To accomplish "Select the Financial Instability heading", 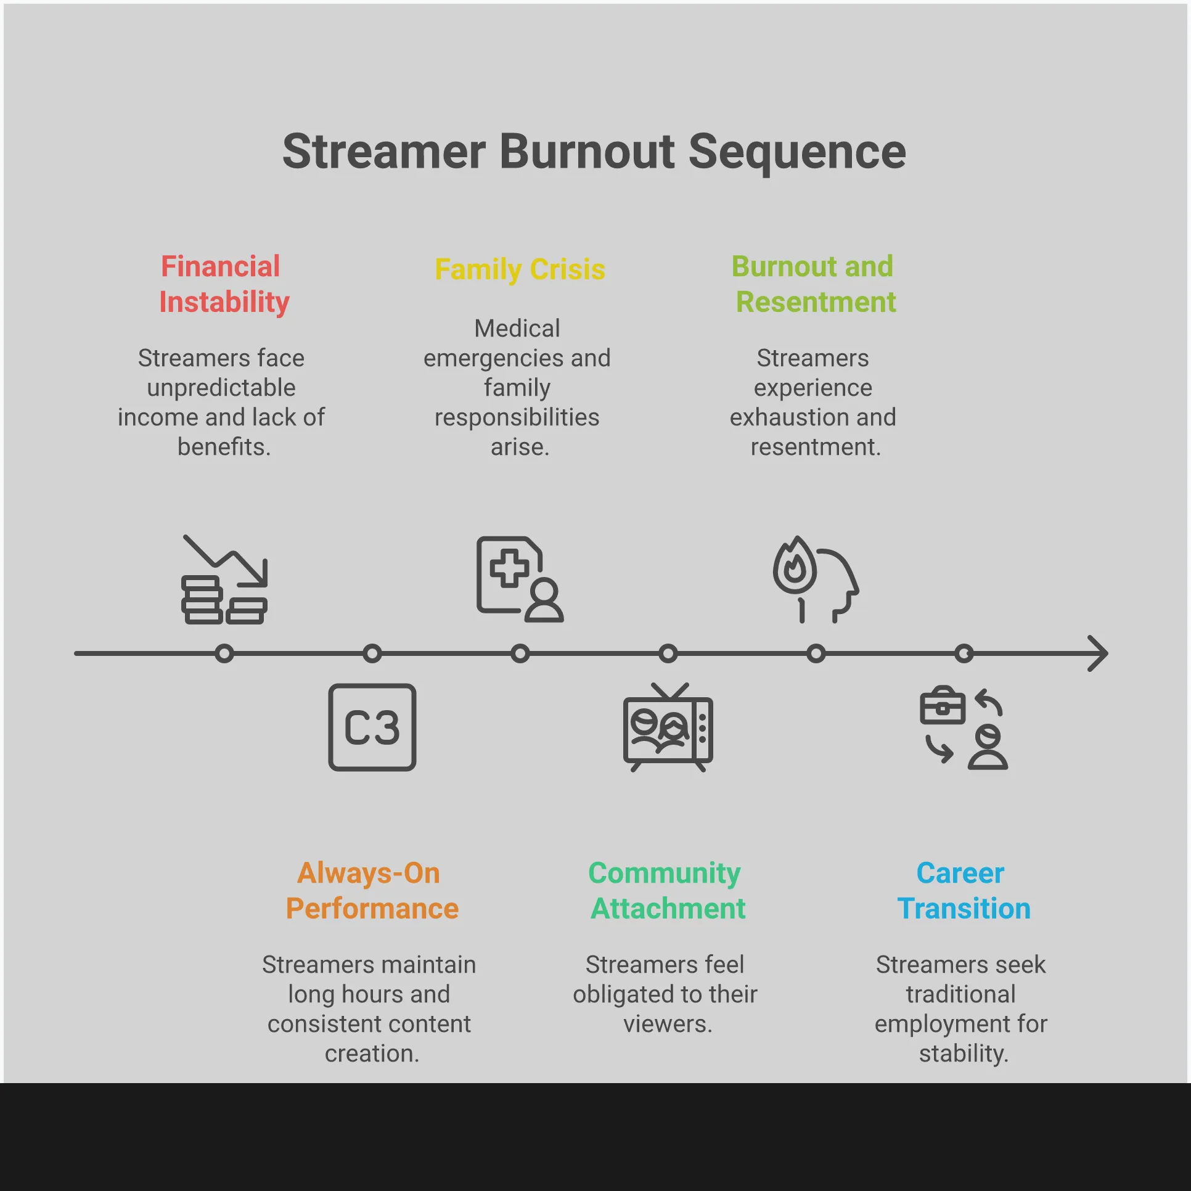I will tap(223, 284).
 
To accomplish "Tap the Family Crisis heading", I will tap(520, 269).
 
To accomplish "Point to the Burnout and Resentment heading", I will tap(814, 284).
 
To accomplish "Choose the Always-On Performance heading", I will tap(372, 890).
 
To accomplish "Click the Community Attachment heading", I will tap(667, 890).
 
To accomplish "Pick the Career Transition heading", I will tap(963, 890).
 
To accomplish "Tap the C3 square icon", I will tap(372, 727).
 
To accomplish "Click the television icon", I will tap(668, 727).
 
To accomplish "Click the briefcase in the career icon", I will tap(942, 706).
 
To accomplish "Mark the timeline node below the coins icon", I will tap(224, 653).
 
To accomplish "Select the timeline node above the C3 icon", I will tap(372, 653).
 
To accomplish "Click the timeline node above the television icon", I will tap(668, 653).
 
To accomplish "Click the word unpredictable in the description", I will tap(221, 388).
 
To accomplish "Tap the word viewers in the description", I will tap(667, 1024).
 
